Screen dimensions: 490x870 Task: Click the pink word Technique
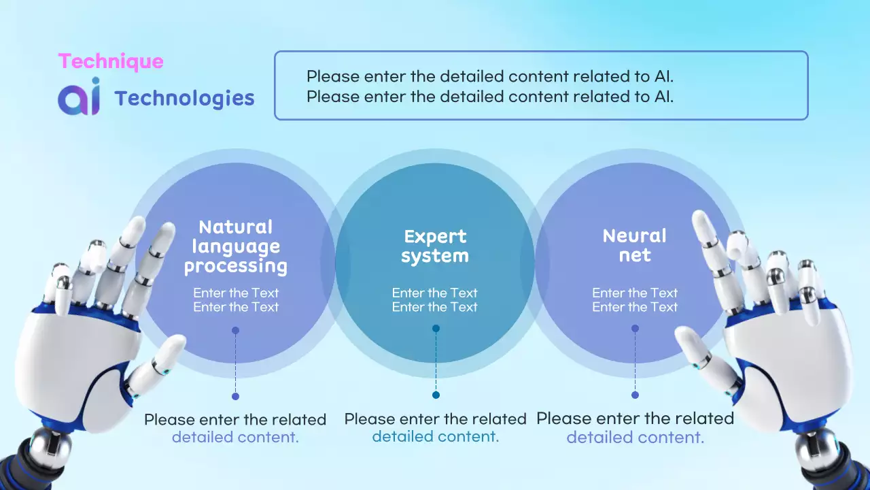[x=111, y=61]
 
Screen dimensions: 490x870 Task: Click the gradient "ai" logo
[x=79, y=97]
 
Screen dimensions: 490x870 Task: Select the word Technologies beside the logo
[x=184, y=98]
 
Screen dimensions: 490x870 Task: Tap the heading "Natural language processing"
[x=236, y=246]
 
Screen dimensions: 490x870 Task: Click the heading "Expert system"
[x=435, y=246]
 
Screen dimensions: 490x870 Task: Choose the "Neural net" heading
[x=635, y=245]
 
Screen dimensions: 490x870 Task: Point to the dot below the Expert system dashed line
[x=436, y=395]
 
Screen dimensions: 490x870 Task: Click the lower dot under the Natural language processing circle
[x=235, y=396]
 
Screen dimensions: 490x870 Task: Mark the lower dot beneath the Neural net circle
[x=635, y=395]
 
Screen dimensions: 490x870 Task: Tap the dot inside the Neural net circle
[x=635, y=328]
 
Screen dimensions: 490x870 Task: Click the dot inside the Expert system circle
[x=436, y=328]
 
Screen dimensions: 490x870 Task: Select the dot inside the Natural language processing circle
[x=235, y=330]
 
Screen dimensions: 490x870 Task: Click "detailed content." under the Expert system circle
[x=436, y=436]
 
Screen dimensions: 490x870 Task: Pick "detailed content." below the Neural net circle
[x=635, y=437]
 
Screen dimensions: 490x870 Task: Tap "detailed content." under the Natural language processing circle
[x=235, y=437]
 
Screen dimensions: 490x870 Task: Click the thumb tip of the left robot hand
[x=177, y=342]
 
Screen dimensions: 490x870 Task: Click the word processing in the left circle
[x=236, y=266]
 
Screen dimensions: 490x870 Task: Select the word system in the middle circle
[x=435, y=256]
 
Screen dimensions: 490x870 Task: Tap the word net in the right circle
[x=635, y=255]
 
